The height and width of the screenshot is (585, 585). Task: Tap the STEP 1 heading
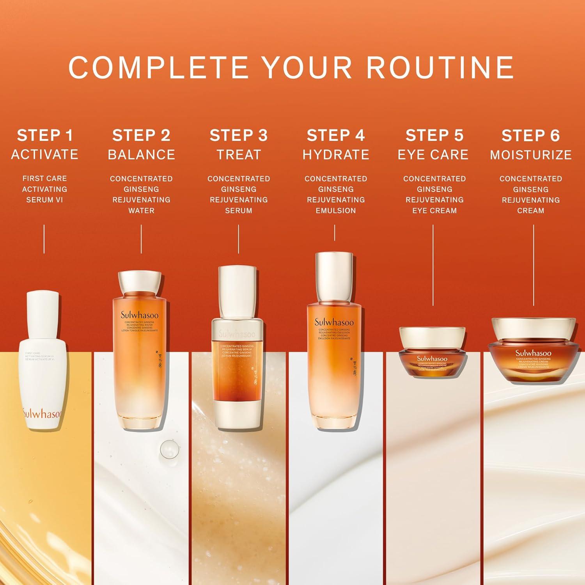pyautogui.click(x=45, y=136)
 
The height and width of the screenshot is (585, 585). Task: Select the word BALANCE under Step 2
pyautogui.click(x=141, y=155)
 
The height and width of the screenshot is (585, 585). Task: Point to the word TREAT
pyautogui.click(x=239, y=155)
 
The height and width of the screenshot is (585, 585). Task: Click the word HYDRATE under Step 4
pyautogui.click(x=336, y=155)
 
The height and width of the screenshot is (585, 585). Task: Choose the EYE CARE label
pyautogui.click(x=433, y=155)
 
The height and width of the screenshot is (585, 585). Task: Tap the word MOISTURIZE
pyautogui.click(x=531, y=155)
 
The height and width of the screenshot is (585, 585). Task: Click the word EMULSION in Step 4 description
pyautogui.click(x=336, y=211)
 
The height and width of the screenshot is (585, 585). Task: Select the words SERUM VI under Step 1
pyautogui.click(x=44, y=200)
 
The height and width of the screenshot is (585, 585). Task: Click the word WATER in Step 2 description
pyautogui.click(x=141, y=211)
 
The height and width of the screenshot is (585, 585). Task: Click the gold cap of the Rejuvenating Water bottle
pyautogui.click(x=140, y=284)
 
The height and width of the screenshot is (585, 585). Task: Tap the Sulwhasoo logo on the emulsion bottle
pyautogui.click(x=334, y=322)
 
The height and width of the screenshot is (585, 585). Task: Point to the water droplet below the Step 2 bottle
pyautogui.click(x=168, y=448)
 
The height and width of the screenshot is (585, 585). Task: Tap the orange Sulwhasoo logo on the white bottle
pyautogui.click(x=42, y=413)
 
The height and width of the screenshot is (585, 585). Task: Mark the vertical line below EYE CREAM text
pyautogui.click(x=433, y=265)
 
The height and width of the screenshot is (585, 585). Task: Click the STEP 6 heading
pyautogui.click(x=531, y=136)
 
